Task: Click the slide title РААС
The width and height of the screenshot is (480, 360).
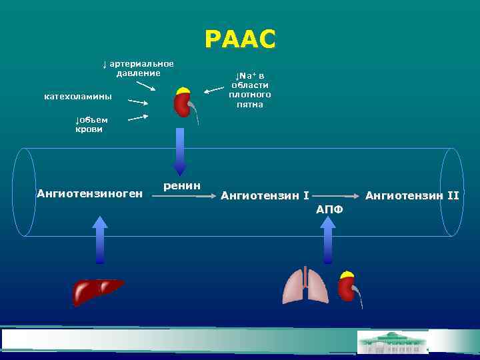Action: click(x=240, y=39)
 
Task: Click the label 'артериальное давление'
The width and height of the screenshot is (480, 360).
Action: click(x=138, y=68)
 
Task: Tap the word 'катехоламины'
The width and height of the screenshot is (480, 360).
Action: click(x=78, y=97)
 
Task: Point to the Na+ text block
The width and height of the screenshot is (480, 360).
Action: click(x=249, y=90)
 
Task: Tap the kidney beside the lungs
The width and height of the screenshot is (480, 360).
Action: click(x=347, y=288)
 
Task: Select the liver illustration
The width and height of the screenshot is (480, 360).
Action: click(x=97, y=291)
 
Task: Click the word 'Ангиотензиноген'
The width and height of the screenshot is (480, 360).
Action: click(x=90, y=194)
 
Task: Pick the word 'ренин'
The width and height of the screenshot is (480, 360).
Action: click(x=182, y=185)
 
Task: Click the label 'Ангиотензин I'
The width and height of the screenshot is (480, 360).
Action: click(x=265, y=195)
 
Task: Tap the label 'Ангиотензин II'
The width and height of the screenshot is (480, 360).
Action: click(x=412, y=195)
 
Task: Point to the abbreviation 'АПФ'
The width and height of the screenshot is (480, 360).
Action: click(x=329, y=209)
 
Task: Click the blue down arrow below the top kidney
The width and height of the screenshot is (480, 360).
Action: click(x=180, y=151)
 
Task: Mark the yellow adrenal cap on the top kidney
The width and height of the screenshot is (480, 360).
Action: click(x=183, y=91)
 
